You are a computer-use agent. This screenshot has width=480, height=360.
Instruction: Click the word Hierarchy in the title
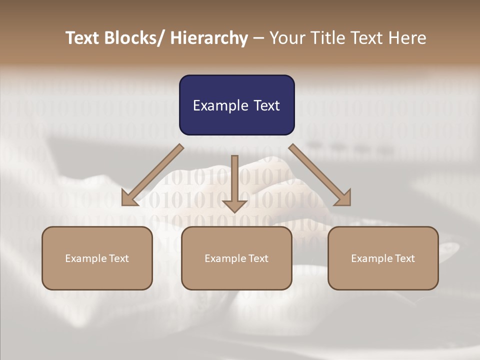209,38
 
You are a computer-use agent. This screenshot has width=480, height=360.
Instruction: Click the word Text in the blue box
265,105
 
